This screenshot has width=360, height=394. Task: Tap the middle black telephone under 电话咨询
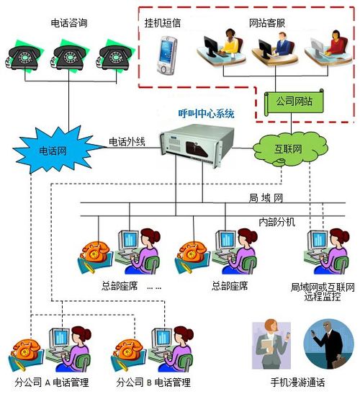[70, 55]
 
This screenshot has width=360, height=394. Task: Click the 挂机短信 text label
[162, 22]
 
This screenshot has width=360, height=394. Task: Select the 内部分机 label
[275, 220]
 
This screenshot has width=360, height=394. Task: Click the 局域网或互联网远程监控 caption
[322, 292]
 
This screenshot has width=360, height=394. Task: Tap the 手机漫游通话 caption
[297, 382]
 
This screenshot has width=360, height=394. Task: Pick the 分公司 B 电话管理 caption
[153, 382]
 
